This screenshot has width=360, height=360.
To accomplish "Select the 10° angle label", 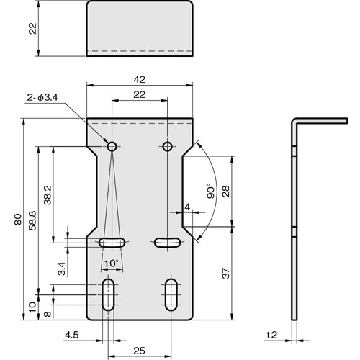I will click(111, 264).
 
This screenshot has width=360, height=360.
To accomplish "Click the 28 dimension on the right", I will click(226, 191).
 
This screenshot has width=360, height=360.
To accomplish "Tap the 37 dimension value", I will click(226, 273).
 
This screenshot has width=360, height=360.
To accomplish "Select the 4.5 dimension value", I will click(71, 335).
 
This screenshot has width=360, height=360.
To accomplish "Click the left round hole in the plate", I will click(112, 147).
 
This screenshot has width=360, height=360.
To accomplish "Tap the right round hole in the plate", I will click(167, 147).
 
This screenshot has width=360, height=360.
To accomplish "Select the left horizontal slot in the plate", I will click(112, 242).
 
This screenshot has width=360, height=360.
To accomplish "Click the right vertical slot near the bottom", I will click(171, 294).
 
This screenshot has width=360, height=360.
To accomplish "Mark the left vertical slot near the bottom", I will click(107, 294).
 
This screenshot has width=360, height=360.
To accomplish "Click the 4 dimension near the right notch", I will click(187, 207).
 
